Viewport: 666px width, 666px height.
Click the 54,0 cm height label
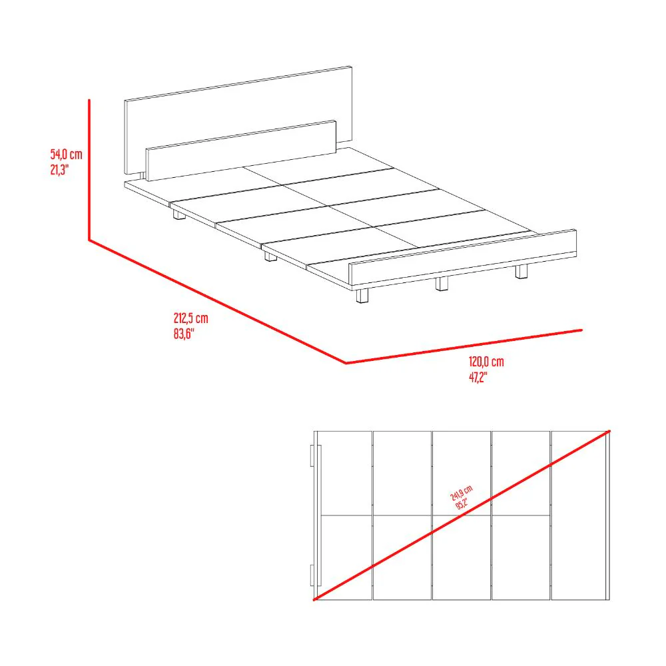66,155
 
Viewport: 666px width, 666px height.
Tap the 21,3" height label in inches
59,169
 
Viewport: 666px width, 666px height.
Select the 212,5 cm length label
190,318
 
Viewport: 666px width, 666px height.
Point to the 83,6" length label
184,334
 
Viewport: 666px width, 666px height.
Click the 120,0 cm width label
486,362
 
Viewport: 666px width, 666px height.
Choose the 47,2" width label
478,377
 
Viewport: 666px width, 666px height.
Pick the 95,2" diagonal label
462,503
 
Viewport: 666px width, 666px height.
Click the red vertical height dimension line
89,170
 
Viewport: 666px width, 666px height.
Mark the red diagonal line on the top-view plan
462,515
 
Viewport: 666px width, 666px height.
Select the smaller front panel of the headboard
241,151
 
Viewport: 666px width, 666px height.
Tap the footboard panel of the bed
463,257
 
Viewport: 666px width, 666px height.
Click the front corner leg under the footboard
362,295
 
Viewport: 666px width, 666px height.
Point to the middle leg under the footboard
442,284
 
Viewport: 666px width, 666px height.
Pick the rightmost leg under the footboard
521,272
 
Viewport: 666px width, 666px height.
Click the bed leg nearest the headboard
180,214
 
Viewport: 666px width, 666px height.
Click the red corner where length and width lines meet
346,363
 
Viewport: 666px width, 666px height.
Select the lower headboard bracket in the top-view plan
312,575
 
